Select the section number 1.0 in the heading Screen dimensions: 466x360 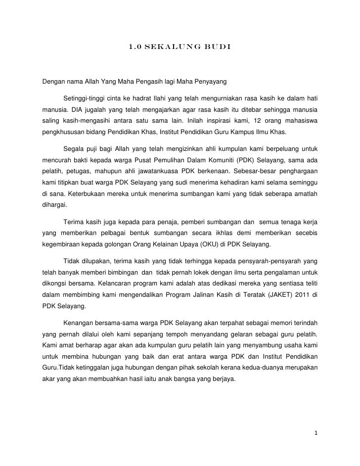tap(135, 48)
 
